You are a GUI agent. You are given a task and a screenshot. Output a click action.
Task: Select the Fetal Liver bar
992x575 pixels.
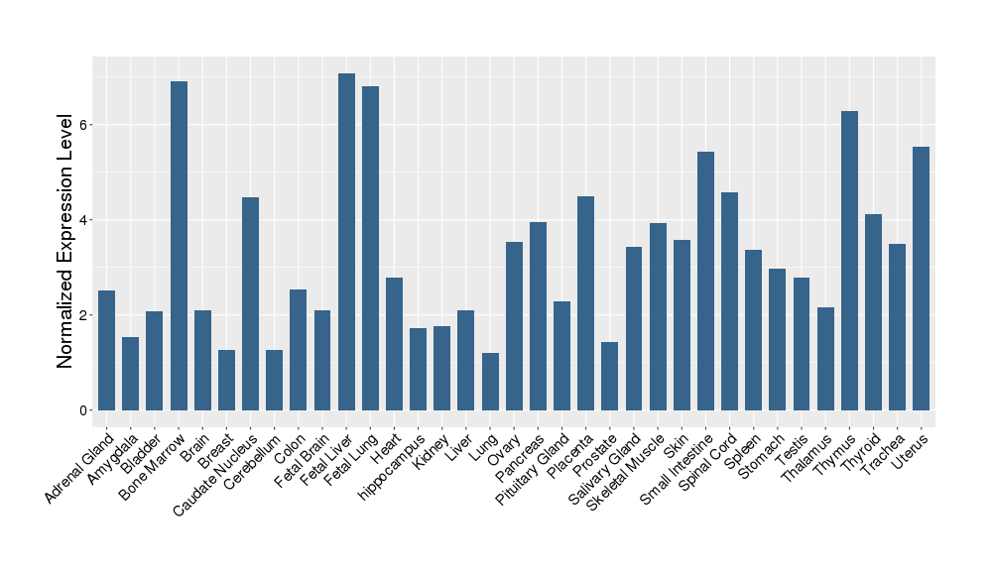(346, 242)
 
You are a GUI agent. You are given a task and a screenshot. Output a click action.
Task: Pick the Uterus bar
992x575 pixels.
(921, 279)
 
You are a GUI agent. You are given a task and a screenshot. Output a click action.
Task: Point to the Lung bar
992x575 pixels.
(490, 382)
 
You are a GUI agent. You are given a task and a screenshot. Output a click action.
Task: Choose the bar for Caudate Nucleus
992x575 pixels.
(251, 303)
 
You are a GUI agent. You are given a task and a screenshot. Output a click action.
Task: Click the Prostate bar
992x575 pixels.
(610, 376)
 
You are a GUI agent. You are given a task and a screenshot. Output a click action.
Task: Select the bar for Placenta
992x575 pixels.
(585, 303)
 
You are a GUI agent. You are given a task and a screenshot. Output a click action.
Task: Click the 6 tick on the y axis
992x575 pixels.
(85, 125)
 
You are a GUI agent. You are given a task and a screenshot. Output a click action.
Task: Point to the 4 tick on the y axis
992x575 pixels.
(85, 220)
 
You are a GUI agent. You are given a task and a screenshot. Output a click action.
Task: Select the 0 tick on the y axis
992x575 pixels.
(85, 410)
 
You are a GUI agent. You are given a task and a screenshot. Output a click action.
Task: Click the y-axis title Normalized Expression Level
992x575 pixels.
(65, 241)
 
